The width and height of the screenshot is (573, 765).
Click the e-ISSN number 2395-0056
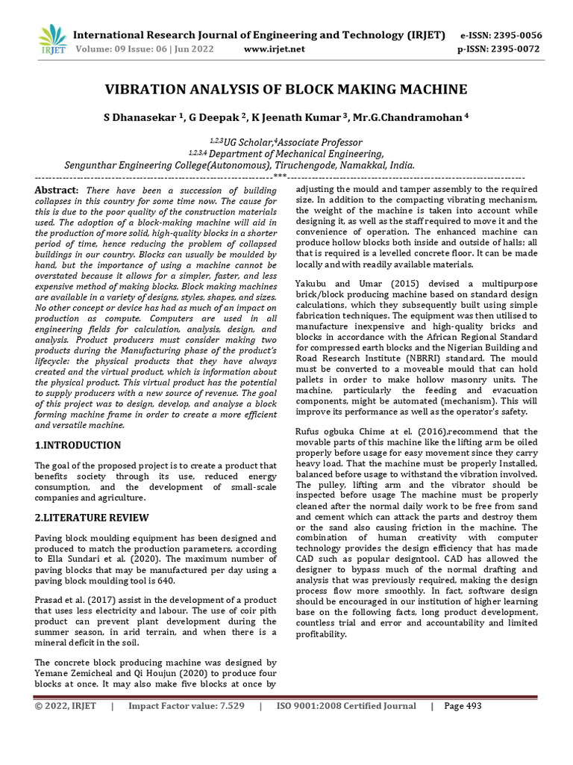point(516,35)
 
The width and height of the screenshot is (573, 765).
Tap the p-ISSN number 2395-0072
point(516,49)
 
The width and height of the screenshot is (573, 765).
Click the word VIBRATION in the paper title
point(150,90)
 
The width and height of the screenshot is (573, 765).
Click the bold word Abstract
point(56,191)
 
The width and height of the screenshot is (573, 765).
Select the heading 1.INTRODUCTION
point(78,445)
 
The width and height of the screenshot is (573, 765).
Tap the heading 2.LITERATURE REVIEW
point(92,518)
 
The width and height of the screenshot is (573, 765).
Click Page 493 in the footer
point(463,707)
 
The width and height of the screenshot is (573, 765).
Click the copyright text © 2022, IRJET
point(66,707)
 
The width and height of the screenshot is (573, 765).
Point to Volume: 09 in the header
point(95,49)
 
